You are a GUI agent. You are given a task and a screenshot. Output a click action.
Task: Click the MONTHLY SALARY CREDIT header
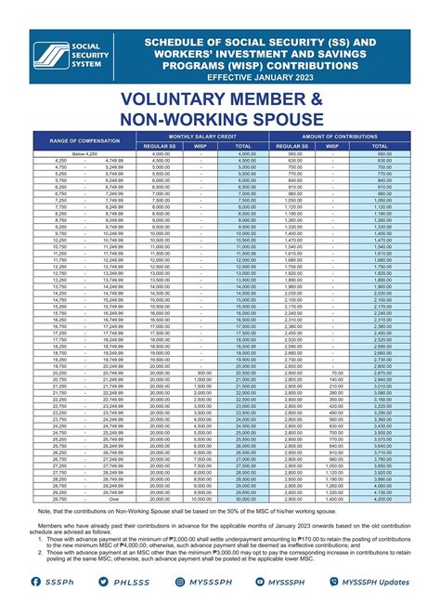[202, 136]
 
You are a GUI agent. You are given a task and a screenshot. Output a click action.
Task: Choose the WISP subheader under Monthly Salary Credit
[201, 146]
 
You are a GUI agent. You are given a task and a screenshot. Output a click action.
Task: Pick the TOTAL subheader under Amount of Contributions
[381, 146]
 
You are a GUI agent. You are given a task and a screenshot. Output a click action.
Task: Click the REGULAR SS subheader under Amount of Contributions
[292, 146]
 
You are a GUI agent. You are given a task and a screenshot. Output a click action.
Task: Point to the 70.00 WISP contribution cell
[336, 372]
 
